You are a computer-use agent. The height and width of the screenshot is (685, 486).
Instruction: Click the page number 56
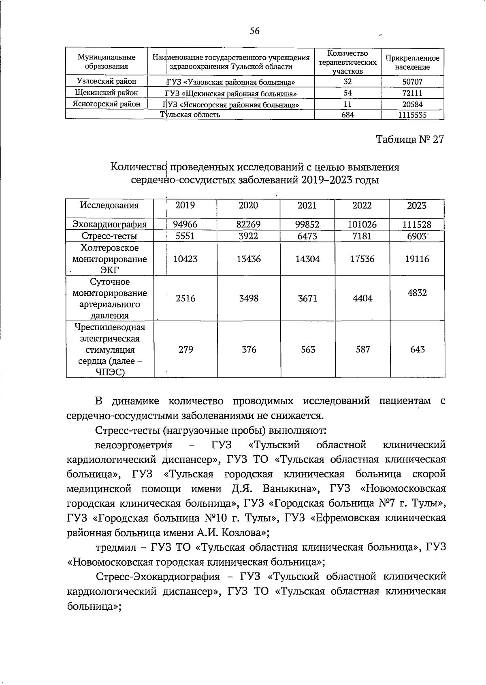(x=254, y=31)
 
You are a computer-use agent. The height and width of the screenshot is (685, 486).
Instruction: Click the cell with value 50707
(x=412, y=82)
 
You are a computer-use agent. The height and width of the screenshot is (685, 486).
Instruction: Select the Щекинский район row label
(x=107, y=93)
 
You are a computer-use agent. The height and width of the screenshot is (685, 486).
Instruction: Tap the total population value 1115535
(x=412, y=115)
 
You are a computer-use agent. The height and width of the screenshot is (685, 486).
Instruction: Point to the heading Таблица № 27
(x=410, y=140)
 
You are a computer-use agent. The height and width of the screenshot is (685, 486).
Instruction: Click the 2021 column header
(x=307, y=206)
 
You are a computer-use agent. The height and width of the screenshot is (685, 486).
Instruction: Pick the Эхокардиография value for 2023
(x=417, y=225)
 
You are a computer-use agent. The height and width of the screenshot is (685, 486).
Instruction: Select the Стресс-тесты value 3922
(x=248, y=236)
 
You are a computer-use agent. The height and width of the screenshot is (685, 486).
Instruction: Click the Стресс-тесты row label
(x=109, y=236)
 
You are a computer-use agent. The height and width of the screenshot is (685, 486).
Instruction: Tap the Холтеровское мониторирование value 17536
(x=362, y=259)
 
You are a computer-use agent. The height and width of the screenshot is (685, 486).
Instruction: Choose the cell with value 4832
(x=417, y=293)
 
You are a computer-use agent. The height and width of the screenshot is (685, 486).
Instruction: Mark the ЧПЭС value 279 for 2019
(x=186, y=349)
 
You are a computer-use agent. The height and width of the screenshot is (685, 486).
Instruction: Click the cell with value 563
(x=308, y=349)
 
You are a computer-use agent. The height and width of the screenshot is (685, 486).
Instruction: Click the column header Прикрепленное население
(x=412, y=63)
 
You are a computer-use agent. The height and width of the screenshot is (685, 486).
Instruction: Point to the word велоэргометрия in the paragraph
(x=134, y=445)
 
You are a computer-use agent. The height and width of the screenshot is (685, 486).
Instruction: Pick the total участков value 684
(x=347, y=115)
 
